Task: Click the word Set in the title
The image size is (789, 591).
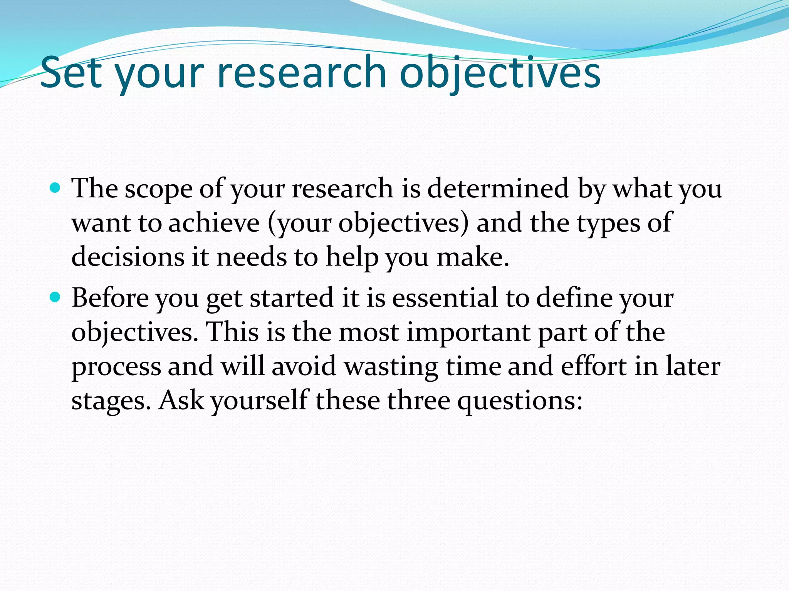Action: (71, 72)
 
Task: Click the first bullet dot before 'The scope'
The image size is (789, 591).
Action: (55, 188)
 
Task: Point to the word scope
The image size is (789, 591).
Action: (158, 189)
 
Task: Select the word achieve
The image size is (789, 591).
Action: (214, 223)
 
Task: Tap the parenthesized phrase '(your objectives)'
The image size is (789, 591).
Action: (368, 224)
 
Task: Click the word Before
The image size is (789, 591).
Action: (110, 298)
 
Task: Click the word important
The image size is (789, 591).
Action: (468, 332)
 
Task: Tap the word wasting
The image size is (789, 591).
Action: (391, 367)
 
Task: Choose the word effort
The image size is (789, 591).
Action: (594, 366)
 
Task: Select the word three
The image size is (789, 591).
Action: (418, 400)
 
